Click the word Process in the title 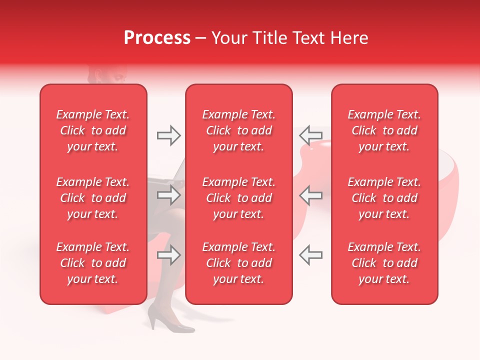157,38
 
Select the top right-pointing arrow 168,135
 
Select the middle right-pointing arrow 168,195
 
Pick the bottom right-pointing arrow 168,255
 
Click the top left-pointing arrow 311,135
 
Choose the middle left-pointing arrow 311,195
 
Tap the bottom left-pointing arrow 311,255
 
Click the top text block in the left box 93,130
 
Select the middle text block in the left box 93,198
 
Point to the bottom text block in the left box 93,263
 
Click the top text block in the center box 238,130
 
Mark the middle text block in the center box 238,198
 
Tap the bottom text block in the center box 238,263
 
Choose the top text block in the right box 384,130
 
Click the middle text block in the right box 384,198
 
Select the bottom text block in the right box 384,263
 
